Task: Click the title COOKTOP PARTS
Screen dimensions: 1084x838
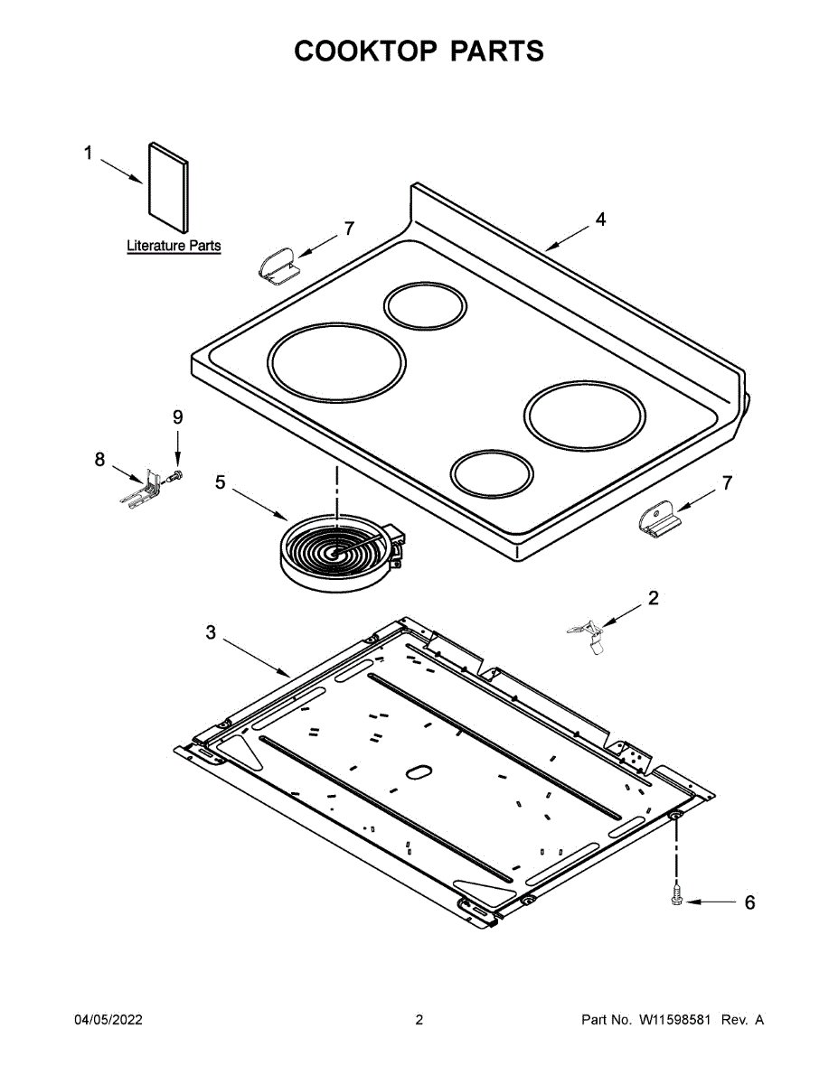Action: pyautogui.click(x=419, y=51)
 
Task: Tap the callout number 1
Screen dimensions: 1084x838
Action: pyautogui.click(x=89, y=154)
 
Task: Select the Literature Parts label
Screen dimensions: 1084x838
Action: pyautogui.click(x=174, y=246)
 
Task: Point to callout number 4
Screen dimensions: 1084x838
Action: pyautogui.click(x=600, y=220)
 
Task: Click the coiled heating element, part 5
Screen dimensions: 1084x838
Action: pyautogui.click(x=336, y=553)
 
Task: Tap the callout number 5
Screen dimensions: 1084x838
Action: pyautogui.click(x=221, y=483)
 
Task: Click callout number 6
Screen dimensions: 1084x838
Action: pyautogui.click(x=749, y=902)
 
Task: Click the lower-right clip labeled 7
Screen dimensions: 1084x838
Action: pyautogui.click(x=658, y=522)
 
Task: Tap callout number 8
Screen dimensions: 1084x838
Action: pyautogui.click(x=100, y=460)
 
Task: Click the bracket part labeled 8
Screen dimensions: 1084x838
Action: pyautogui.click(x=143, y=488)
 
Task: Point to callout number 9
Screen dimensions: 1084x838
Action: pyautogui.click(x=177, y=417)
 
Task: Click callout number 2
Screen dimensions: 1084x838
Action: pyautogui.click(x=653, y=597)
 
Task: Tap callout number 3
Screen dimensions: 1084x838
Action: pyautogui.click(x=211, y=633)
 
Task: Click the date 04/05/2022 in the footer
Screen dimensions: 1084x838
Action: pyautogui.click(x=108, y=1020)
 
